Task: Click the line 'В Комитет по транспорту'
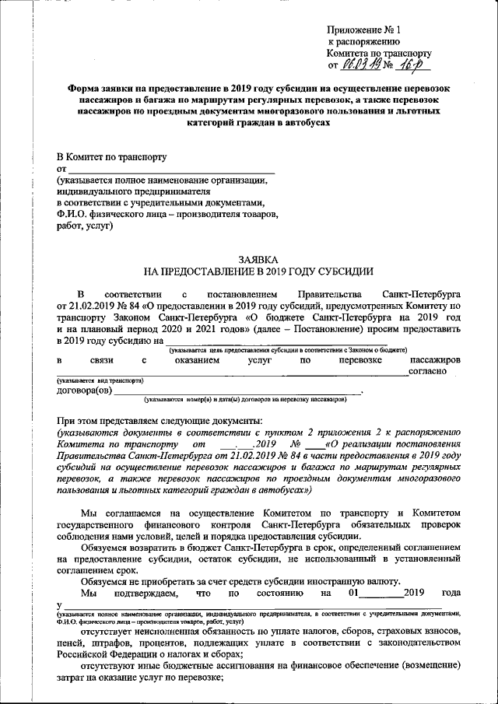(x=111, y=156)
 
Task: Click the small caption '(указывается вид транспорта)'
(x=100, y=380)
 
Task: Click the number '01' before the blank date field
(x=354, y=594)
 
